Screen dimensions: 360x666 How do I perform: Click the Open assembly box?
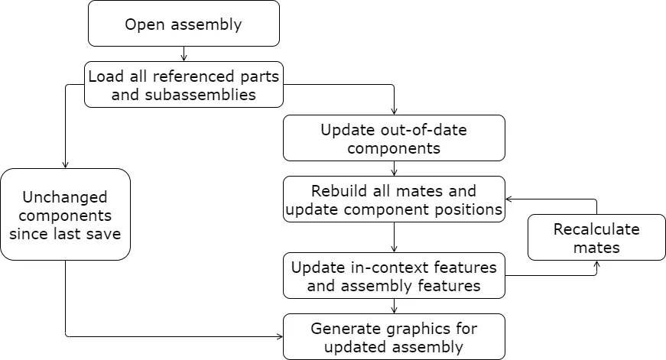click(x=184, y=24)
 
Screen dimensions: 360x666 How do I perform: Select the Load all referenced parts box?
click(x=184, y=85)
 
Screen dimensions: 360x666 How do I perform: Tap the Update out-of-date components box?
click(x=394, y=138)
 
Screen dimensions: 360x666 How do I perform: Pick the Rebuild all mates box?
click(x=394, y=199)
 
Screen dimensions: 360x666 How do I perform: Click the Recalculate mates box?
click(x=596, y=238)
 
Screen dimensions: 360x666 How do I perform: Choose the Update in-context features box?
click(x=394, y=276)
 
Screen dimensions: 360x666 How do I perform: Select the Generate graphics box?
click(x=394, y=337)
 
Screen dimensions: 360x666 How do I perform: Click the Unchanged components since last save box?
click(x=65, y=215)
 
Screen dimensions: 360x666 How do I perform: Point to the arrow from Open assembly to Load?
click(x=184, y=54)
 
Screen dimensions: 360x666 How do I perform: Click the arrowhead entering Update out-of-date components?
click(x=394, y=111)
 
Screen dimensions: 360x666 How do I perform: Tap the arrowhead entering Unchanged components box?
click(x=65, y=164)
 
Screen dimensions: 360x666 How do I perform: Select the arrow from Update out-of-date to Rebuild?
click(x=394, y=169)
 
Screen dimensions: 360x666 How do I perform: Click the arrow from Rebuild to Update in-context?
click(x=394, y=238)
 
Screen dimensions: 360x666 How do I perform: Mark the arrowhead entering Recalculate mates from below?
click(x=596, y=264)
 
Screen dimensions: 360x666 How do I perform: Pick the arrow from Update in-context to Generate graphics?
click(x=394, y=306)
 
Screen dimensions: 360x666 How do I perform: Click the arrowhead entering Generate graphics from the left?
click(x=278, y=336)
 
